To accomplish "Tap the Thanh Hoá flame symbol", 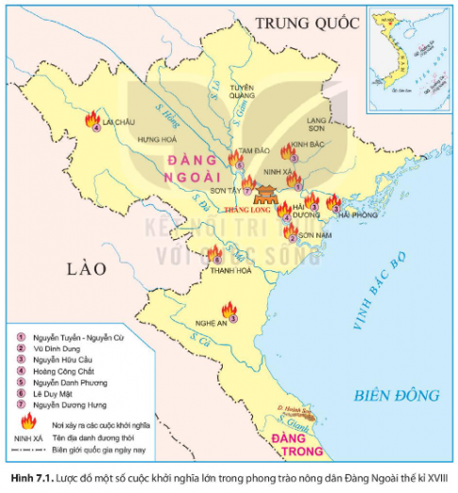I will tap(216, 253).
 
